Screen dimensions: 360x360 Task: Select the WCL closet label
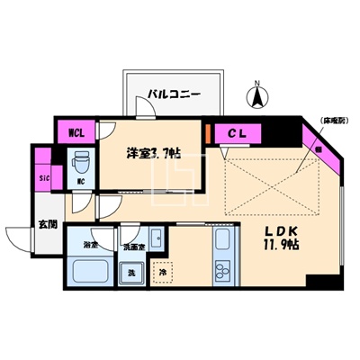[76, 134]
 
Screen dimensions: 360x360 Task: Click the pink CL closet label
[236, 134]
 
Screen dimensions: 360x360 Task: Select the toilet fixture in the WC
[80, 163]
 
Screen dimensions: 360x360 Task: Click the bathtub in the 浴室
[89, 272]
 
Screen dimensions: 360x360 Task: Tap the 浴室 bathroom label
[90, 244]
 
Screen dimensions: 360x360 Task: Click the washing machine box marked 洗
[132, 272]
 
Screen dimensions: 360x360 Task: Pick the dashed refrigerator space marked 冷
[163, 271]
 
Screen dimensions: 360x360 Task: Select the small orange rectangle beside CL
[209, 134]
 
